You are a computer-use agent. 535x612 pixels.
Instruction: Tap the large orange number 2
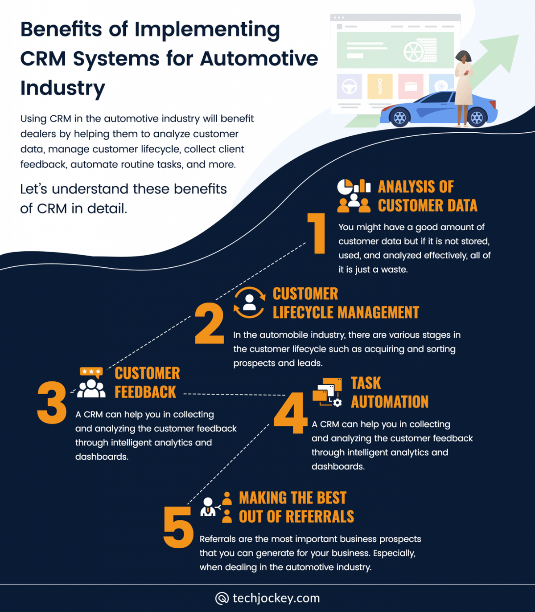210,324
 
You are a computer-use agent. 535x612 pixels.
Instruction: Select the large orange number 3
52,402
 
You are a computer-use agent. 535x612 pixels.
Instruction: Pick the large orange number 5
178,527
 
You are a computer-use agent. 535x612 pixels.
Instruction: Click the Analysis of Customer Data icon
354,196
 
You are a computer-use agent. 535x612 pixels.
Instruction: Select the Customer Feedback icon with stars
91,383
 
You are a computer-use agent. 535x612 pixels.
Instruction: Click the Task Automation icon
327,392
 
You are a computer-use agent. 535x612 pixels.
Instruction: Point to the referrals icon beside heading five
216,507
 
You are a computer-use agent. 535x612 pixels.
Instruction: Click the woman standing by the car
464,87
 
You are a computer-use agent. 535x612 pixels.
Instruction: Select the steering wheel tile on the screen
349,86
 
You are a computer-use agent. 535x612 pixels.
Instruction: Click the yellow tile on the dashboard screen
380,86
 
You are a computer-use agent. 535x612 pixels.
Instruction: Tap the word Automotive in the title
259,59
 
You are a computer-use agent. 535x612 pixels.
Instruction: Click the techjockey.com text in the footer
276,598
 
